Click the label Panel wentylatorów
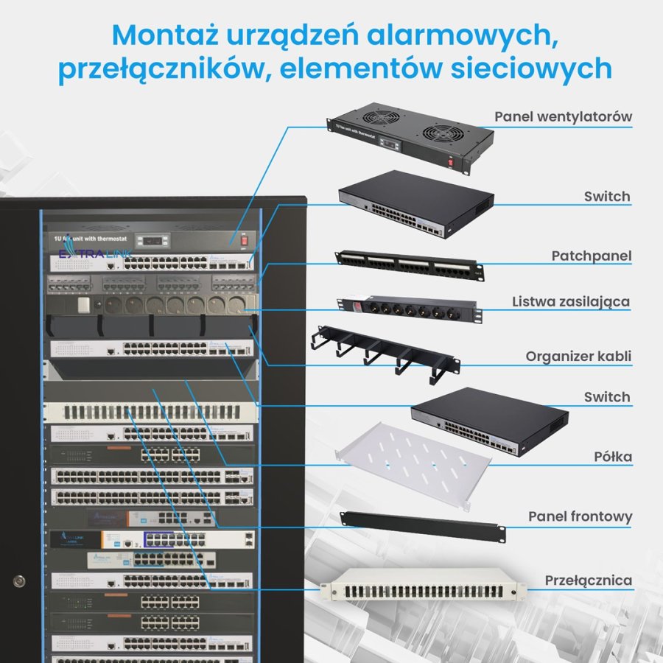(x=563, y=116)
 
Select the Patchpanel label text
(x=592, y=256)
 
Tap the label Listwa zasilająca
(x=571, y=302)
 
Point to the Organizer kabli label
(x=578, y=357)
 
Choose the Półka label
(x=612, y=457)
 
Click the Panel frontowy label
(x=580, y=516)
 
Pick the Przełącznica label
(x=588, y=580)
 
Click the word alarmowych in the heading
(x=449, y=34)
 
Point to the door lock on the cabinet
(x=18, y=579)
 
